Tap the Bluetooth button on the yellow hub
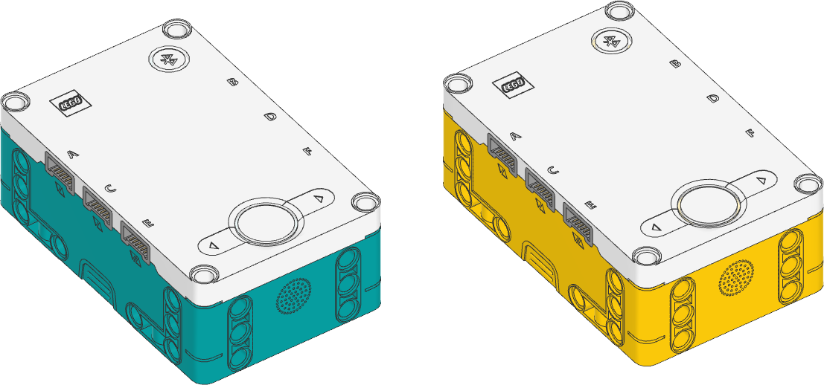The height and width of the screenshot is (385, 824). click(x=612, y=42)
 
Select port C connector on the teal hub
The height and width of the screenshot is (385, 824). click(x=98, y=204)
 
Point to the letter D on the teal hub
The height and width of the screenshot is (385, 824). click(x=270, y=117)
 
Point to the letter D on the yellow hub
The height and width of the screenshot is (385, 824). click(x=713, y=99)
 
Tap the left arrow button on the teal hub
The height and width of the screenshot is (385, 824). click(x=214, y=245)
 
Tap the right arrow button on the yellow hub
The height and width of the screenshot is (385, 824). click(x=760, y=180)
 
